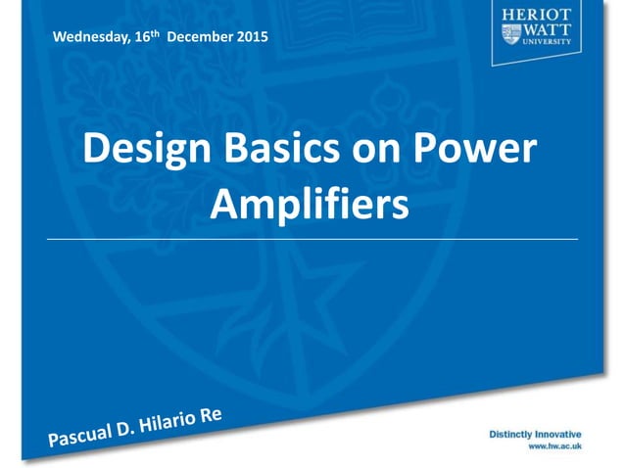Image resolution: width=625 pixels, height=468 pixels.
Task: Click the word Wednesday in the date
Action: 92,38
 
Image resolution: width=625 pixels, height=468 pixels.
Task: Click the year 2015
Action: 250,38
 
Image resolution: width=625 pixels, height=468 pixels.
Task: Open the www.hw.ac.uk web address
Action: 555,445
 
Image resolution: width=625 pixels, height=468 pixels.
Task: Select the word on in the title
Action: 385,149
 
